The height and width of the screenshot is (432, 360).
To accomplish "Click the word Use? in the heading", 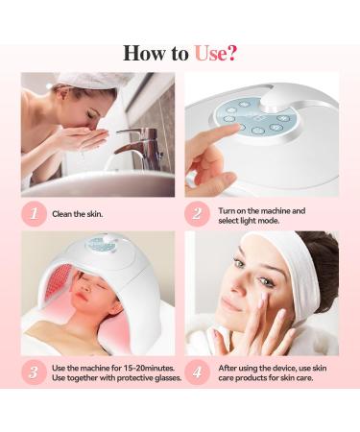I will (x=215, y=52).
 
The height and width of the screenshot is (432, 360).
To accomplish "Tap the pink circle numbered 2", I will (x=198, y=214).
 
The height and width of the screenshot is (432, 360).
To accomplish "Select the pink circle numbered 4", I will (x=198, y=372).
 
